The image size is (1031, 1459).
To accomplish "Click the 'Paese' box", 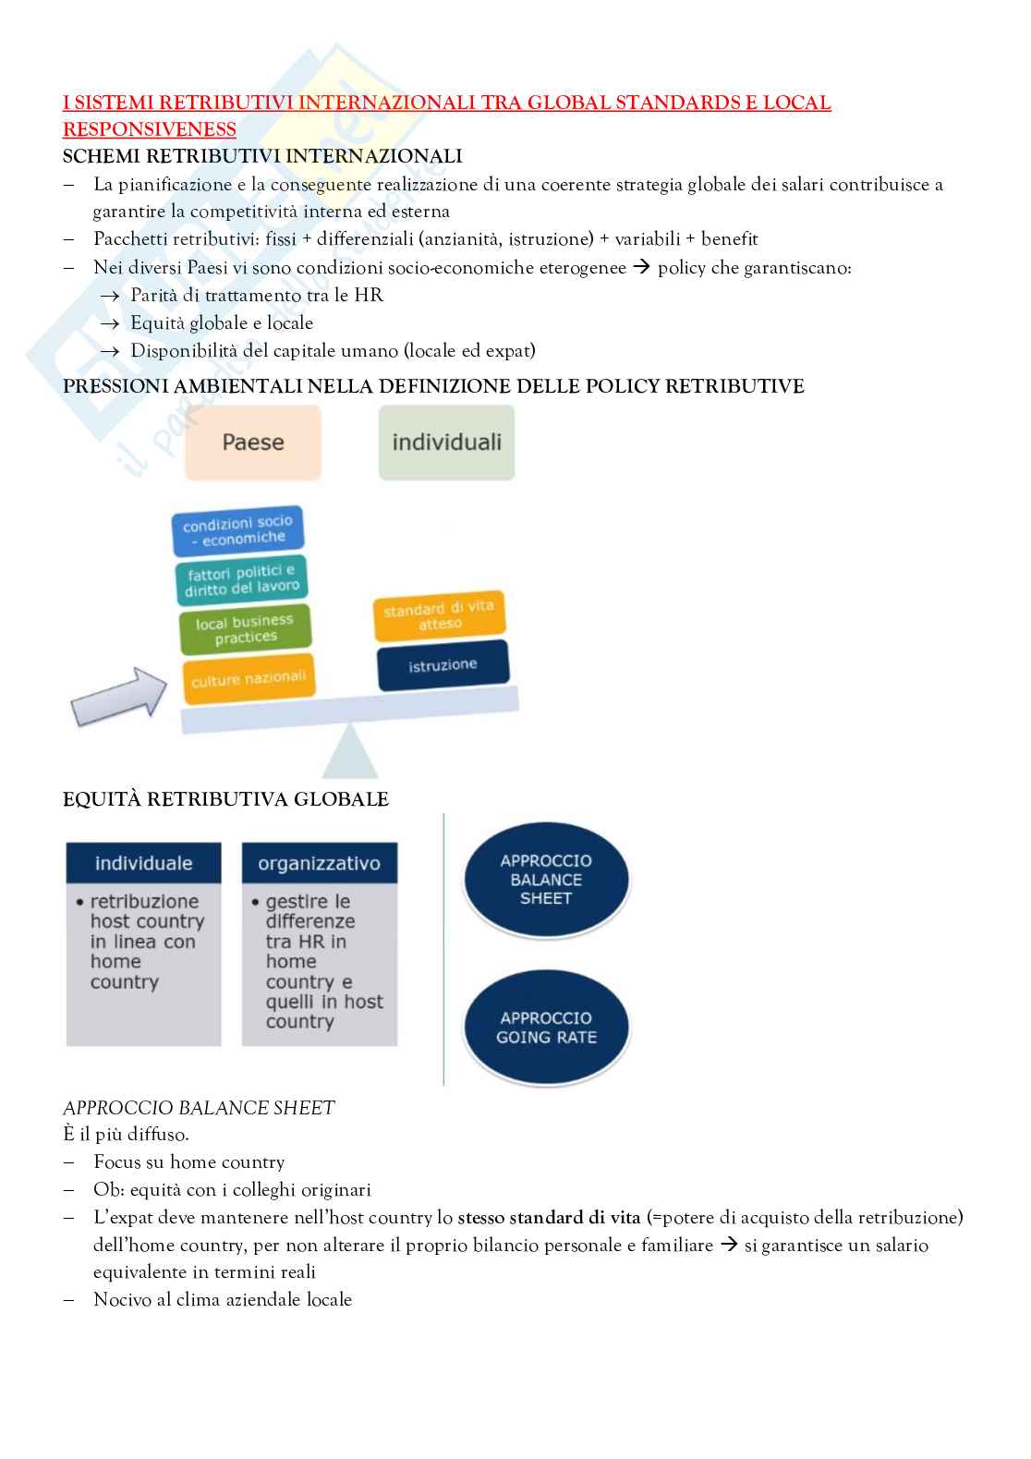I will tap(252, 443).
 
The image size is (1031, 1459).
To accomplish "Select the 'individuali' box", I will tap(446, 443).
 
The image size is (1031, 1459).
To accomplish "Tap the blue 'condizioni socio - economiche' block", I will tap(238, 530).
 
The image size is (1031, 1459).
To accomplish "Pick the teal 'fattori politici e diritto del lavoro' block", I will tap(242, 579).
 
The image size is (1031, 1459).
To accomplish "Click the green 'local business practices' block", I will tap(245, 628).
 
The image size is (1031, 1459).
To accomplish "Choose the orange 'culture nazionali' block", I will tap(248, 679).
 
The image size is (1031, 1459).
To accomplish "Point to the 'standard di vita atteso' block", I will tap(439, 615).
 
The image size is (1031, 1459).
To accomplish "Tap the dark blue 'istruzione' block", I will tap(443, 664).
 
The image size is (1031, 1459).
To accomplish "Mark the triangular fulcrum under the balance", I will tap(349, 752).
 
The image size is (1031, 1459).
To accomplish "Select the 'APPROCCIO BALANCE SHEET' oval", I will tap(546, 880).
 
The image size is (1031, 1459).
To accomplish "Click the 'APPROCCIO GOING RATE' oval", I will tap(546, 1027).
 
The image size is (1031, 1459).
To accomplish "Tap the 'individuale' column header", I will tap(143, 863).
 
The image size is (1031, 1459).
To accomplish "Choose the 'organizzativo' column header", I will tap(319, 863).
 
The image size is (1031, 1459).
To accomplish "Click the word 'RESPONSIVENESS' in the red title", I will tap(149, 129).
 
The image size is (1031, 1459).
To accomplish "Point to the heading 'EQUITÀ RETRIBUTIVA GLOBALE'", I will tap(225, 799).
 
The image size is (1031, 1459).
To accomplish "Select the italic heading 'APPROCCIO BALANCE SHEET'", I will tap(199, 1107).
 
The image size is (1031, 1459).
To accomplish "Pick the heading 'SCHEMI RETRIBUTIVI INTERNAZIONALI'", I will tap(262, 156).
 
